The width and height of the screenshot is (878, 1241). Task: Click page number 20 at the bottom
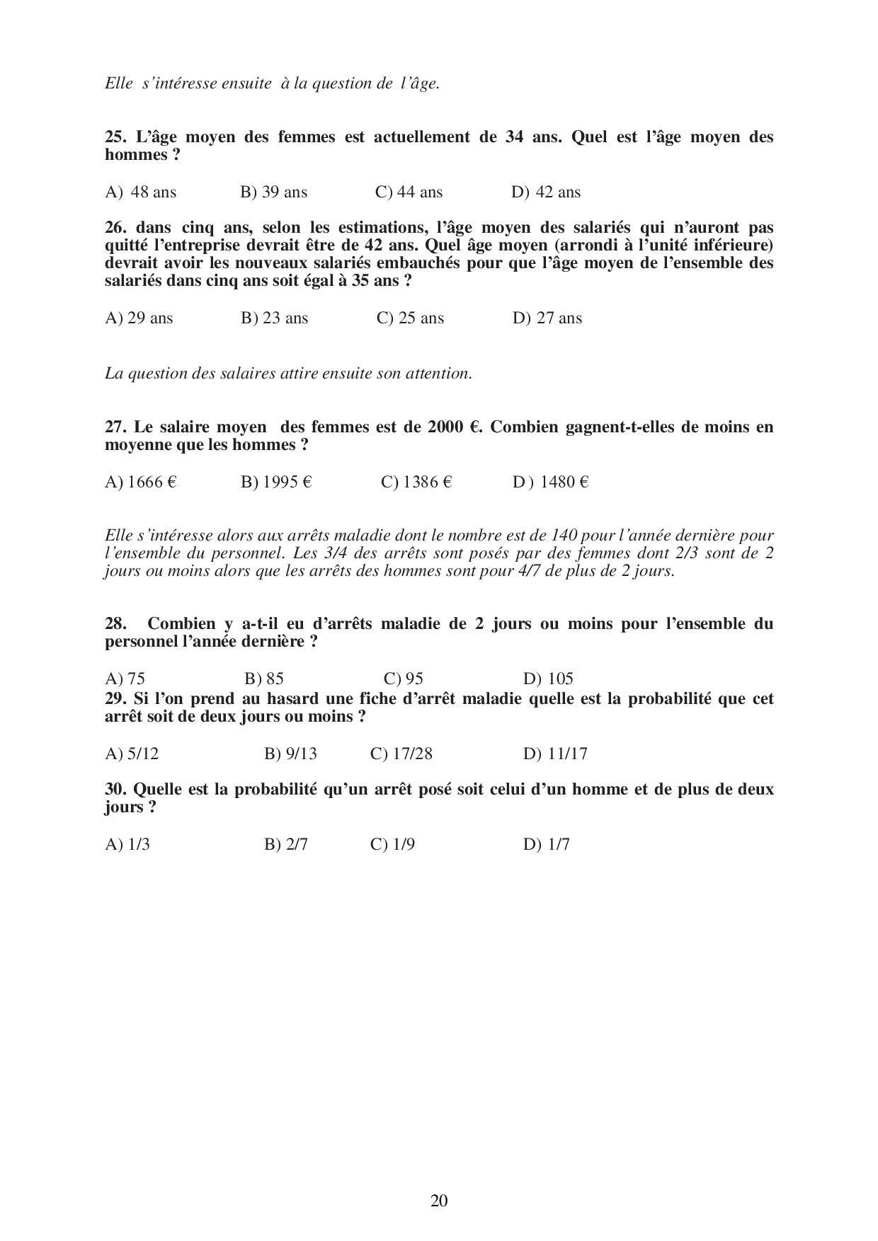click(439, 1200)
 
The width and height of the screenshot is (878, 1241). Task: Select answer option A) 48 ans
click(141, 192)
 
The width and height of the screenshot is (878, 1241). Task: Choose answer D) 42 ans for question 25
click(546, 192)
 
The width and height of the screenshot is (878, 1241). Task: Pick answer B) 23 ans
click(275, 318)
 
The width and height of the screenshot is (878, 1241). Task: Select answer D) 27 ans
click(547, 318)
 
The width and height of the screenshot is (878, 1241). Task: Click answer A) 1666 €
click(141, 483)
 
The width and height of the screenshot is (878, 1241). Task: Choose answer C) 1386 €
click(416, 483)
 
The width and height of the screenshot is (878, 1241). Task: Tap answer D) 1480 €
click(551, 483)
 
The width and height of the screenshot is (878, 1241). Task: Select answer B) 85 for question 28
click(264, 679)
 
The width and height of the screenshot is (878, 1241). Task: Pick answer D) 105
click(549, 679)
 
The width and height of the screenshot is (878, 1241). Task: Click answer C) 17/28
click(401, 754)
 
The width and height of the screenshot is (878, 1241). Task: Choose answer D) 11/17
click(556, 754)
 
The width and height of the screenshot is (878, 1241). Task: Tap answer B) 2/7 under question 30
click(286, 845)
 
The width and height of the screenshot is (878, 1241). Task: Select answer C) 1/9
click(393, 845)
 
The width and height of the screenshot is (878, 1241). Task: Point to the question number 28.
click(115, 624)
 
